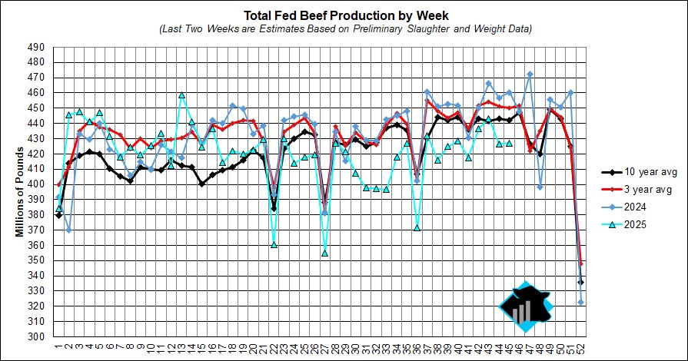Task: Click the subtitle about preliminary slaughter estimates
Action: (x=345, y=28)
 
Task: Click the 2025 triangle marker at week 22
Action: (x=273, y=244)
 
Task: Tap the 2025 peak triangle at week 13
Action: (x=181, y=95)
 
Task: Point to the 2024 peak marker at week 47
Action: (x=530, y=75)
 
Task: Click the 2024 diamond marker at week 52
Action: (x=580, y=302)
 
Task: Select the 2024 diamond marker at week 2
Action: (x=69, y=230)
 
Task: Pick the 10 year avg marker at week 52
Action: (x=580, y=282)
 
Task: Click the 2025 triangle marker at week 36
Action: (x=417, y=227)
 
